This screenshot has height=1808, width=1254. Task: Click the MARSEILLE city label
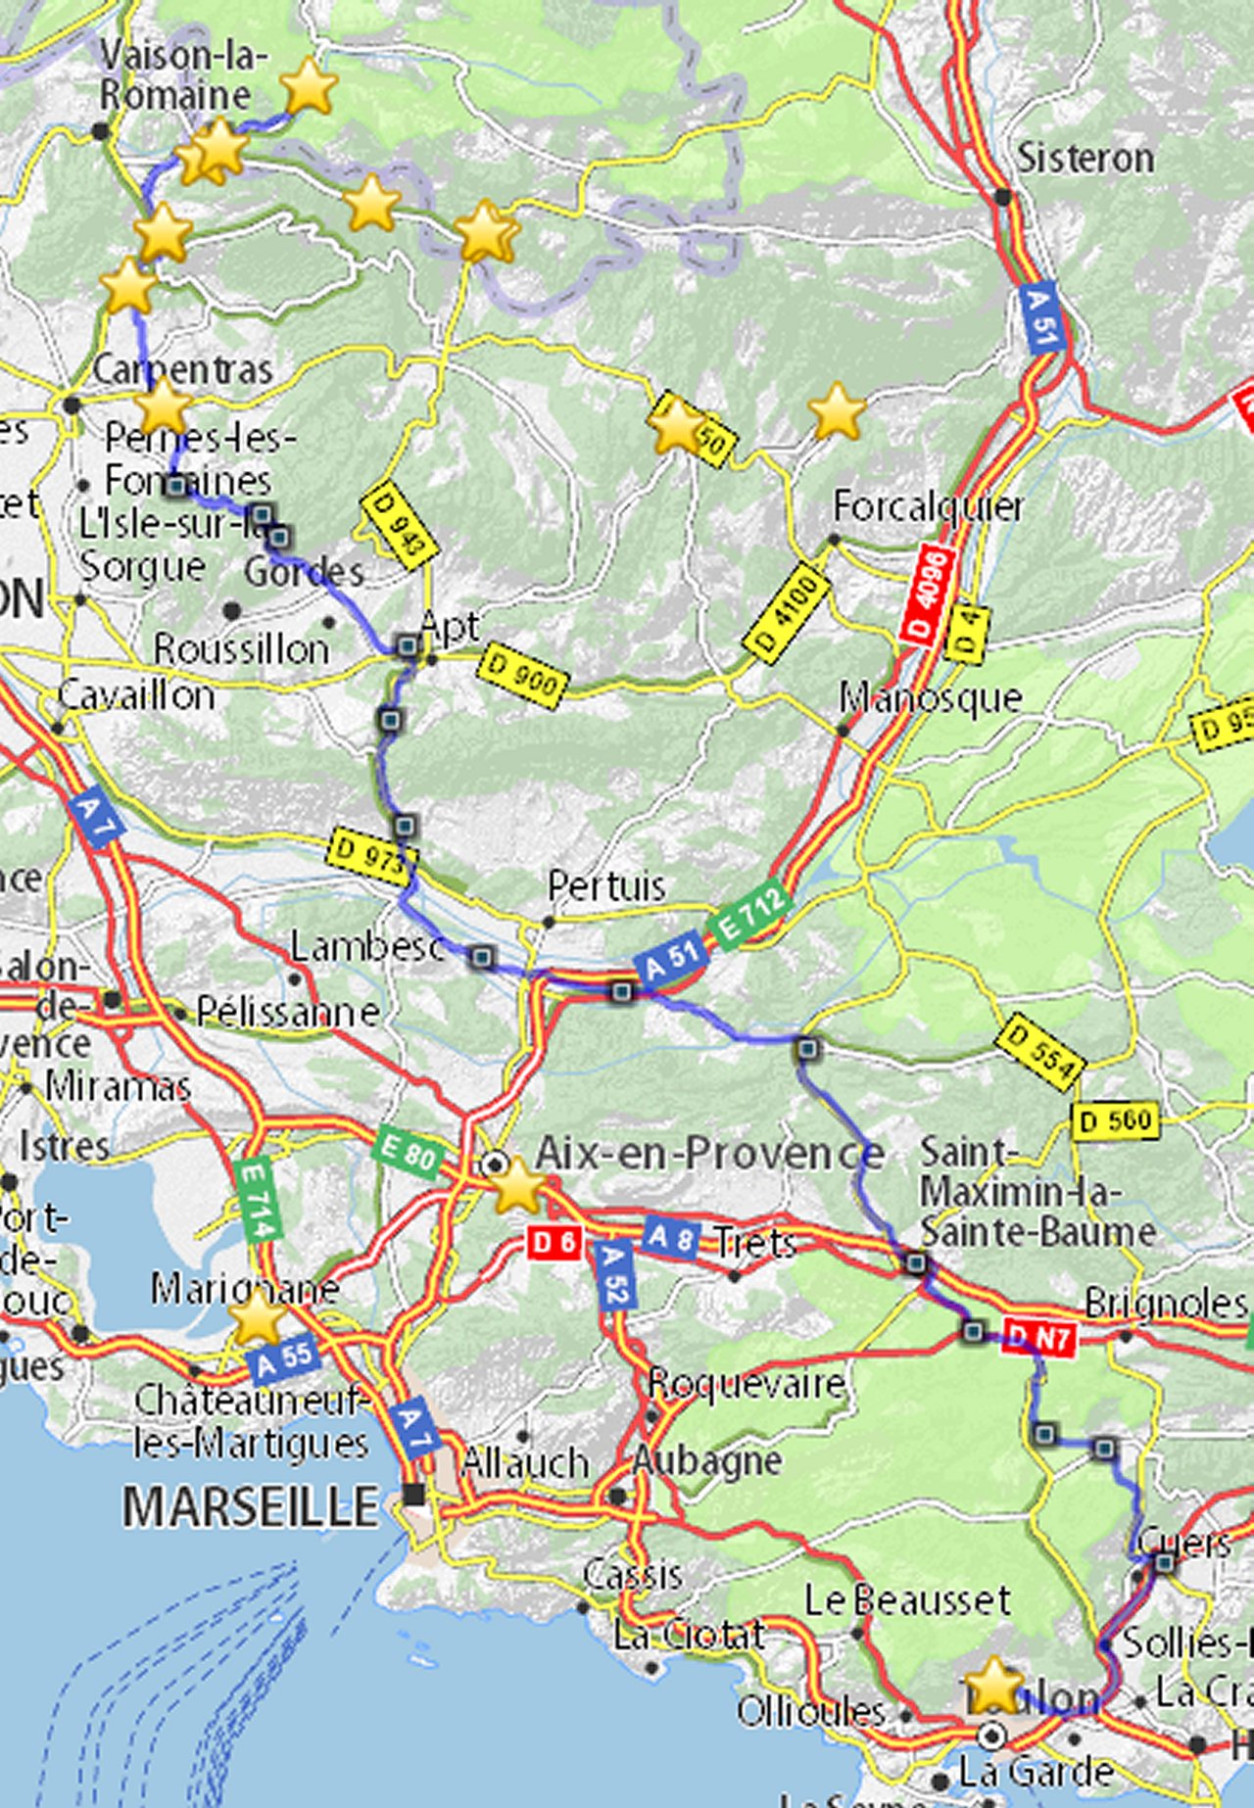point(250,1506)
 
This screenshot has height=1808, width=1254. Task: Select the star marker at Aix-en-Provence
point(516,1186)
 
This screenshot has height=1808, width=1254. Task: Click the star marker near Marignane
point(257,1316)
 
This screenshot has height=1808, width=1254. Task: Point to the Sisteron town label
point(1085,159)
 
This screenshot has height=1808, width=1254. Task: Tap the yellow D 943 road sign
point(399,527)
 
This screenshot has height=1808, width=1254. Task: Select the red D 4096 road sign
point(927,596)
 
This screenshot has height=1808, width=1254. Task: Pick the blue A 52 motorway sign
point(614,1275)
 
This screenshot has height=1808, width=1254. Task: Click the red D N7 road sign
point(1039,1337)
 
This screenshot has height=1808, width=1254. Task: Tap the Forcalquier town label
point(928,506)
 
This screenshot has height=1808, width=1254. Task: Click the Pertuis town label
point(606,886)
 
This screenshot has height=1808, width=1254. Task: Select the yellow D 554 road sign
point(1040,1052)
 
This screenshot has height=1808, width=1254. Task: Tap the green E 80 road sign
point(408,1155)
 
